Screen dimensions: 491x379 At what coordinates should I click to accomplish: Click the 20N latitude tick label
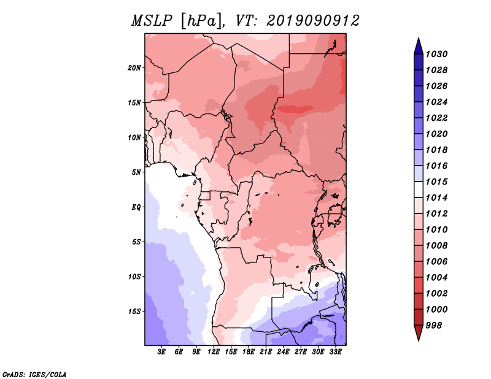[x=134, y=67]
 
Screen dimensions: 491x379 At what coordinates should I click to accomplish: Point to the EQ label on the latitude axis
[x=136, y=207]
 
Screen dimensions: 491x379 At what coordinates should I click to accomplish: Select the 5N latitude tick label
[x=136, y=172]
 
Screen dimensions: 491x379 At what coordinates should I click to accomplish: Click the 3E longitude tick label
[x=161, y=351]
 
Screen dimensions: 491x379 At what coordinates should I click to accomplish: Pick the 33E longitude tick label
[x=335, y=351]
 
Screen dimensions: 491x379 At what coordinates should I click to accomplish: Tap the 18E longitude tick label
[x=249, y=351]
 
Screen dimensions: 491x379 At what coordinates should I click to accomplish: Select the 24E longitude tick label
[x=283, y=351]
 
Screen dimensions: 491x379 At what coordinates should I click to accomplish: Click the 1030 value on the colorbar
[x=436, y=54]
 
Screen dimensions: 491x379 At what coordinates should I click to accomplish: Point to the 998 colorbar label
[x=434, y=326]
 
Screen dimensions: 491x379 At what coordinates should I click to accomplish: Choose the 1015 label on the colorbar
[x=436, y=182]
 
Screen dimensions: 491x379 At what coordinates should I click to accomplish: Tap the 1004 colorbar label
[x=436, y=278]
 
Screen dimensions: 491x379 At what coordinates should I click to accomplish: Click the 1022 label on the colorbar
[x=436, y=118]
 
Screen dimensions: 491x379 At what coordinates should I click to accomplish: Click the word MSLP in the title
[x=152, y=21]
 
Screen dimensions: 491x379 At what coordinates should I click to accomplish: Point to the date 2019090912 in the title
[x=313, y=21]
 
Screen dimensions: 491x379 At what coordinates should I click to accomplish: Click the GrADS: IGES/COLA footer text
[x=34, y=374]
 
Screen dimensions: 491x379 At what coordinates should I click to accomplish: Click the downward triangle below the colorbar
[x=419, y=332]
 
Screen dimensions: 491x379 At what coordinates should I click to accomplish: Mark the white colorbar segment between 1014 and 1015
[x=419, y=189]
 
